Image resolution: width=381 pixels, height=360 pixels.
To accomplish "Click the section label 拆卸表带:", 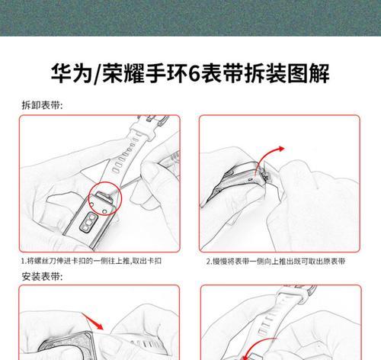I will (x=42, y=104).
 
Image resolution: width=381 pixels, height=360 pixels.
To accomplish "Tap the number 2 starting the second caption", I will (x=209, y=261).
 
